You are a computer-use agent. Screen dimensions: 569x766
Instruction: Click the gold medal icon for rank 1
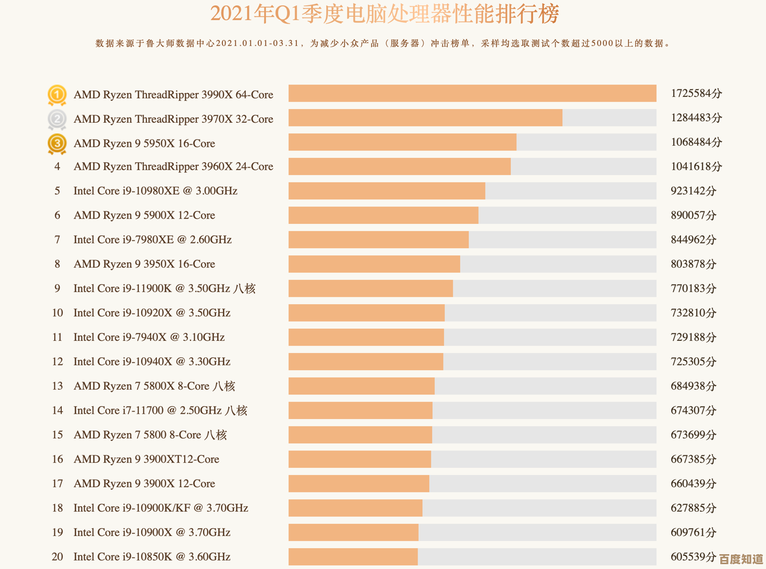[x=57, y=95]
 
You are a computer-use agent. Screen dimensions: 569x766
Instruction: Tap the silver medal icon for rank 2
[x=57, y=119]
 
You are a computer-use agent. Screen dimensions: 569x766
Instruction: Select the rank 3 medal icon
[x=57, y=144]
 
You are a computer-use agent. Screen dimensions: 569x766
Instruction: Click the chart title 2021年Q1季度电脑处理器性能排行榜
[x=384, y=14]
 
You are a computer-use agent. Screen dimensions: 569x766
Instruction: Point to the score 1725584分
[x=696, y=94]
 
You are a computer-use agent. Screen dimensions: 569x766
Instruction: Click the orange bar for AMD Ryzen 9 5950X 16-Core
[x=402, y=143]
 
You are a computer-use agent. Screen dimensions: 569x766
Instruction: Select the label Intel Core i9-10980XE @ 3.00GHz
[x=155, y=191]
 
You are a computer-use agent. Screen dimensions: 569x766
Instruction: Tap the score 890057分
[x=693, y=215]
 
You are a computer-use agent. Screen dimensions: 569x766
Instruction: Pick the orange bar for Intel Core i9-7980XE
[x=378, y=240]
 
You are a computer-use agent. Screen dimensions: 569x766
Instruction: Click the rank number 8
[x=57, y=264]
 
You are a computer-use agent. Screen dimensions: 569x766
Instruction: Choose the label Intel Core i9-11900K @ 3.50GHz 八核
[x=164, y=289]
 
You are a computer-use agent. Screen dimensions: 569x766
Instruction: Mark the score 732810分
[x=693, y=313]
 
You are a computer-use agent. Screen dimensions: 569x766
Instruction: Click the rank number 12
[x=57, y=362]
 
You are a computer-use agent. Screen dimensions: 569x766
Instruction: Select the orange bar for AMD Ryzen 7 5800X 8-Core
[x=361, y=386]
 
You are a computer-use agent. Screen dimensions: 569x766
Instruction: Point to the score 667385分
[x=693, y=459]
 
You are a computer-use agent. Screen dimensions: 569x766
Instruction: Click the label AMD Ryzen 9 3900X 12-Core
[x=144, y=484]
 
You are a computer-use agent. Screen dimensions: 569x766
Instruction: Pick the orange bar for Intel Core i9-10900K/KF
[x=355, y=508]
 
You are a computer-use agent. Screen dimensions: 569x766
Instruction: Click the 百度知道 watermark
[x=741, y=559]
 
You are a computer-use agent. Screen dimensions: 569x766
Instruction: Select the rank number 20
[x=57, y=557]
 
